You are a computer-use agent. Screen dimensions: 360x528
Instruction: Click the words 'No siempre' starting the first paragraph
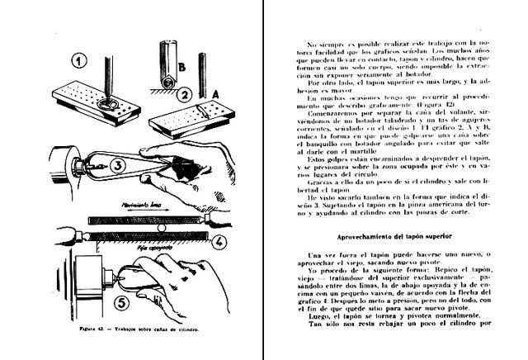tap(321, 41)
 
